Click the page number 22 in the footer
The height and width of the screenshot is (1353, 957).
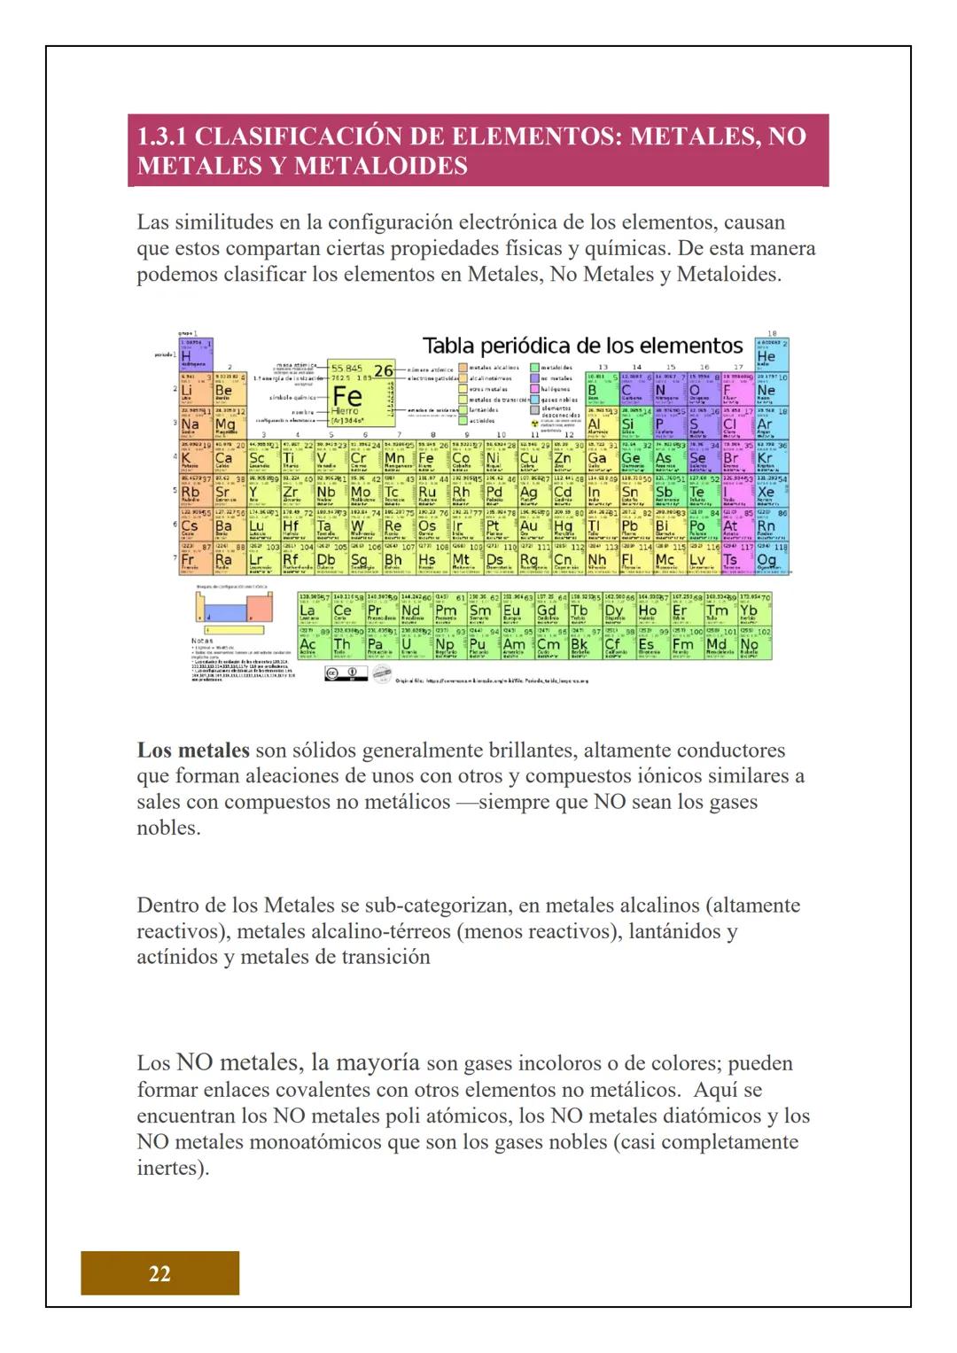[159, 1273]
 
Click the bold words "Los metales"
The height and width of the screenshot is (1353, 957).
[193, 750]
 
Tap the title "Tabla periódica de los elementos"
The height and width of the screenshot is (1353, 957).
[582, 345]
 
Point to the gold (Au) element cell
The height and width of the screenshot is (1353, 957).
[528, 525]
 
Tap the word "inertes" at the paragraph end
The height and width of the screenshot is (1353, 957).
[169, 1167]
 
